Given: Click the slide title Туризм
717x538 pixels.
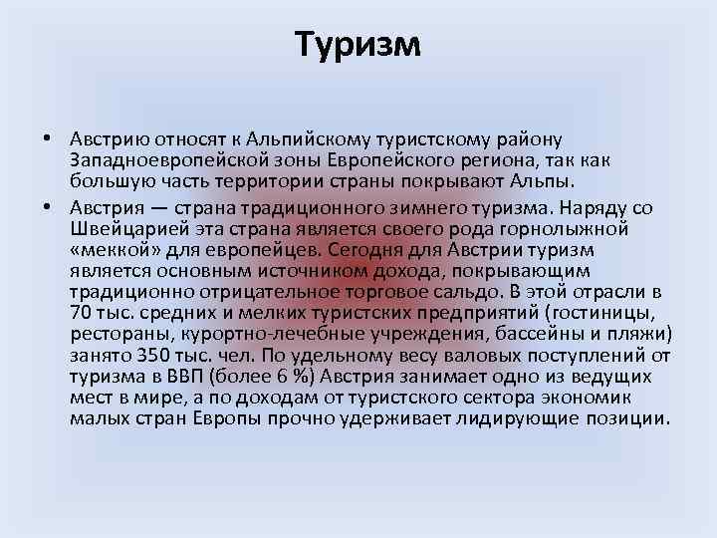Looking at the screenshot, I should point(358,44).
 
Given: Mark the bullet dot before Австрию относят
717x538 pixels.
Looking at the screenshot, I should point(48,138).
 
